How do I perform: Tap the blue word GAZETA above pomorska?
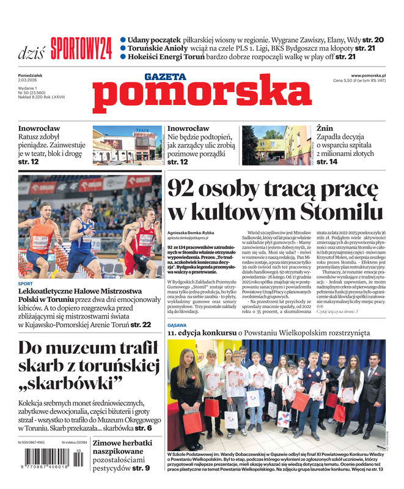coord(165,77)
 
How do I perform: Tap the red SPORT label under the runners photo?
coord(26,284)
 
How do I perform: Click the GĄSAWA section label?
coord(178,326)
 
